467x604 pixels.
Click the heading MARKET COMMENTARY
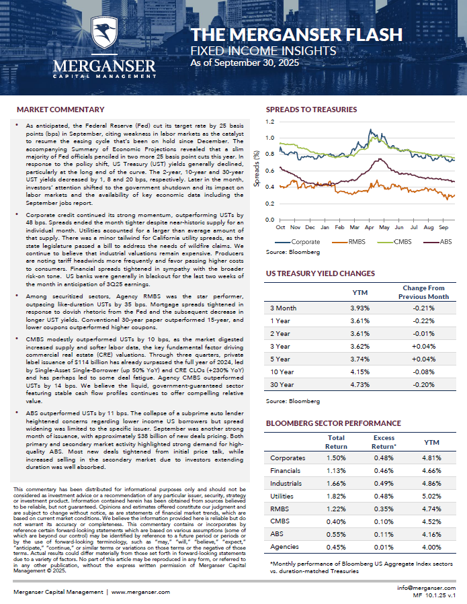click(x=60, y=109)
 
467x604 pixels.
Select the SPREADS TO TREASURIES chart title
click(x=311, y=109)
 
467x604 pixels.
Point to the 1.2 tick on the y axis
click(x=269, y=122)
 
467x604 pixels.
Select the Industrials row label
click(x=286, y=483)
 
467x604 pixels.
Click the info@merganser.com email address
click(x=428, y=587)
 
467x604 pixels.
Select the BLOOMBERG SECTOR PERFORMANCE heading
click(x=333, y=423)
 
